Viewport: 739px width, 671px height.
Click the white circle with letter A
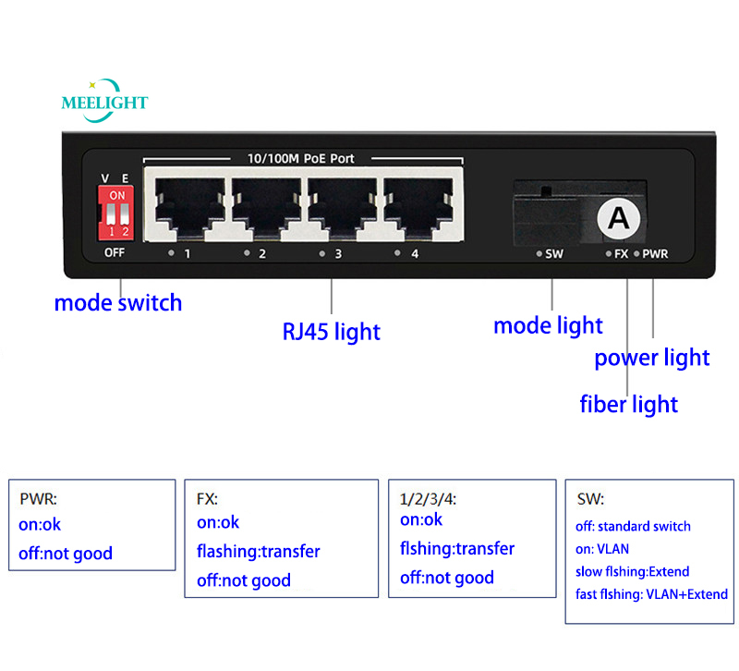pos(616,218)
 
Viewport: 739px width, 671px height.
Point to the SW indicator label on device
pos(554,253)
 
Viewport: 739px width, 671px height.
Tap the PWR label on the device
pos(656,253)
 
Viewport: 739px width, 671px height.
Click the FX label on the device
pos(622,253)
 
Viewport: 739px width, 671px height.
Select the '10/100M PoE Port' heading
pos(302,159)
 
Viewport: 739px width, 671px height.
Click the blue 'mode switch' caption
pos(118,302)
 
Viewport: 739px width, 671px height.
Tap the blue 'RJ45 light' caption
pos(331,331)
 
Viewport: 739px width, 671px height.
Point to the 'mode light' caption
pos(548,325)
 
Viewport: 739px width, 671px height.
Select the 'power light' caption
pos(651,358)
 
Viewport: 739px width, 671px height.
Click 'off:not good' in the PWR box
pos(66,554)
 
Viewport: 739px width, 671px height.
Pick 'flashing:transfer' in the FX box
pos(259,552)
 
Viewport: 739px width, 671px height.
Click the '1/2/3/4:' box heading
pos(429,499)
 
